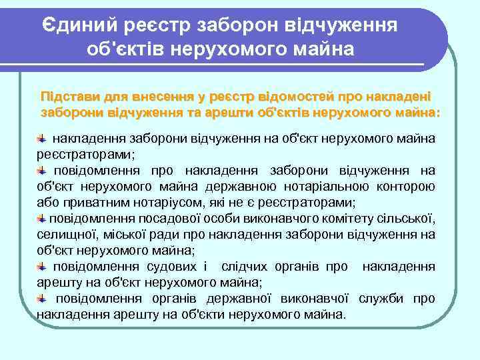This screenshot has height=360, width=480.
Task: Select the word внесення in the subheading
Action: coord(155,95)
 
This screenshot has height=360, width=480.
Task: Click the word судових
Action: coord(175,267)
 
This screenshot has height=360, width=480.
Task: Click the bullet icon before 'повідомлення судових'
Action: coord(42,266)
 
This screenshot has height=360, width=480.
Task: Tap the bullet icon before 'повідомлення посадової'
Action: coord(42,218)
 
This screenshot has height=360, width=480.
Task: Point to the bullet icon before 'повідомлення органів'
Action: coord(42,298)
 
